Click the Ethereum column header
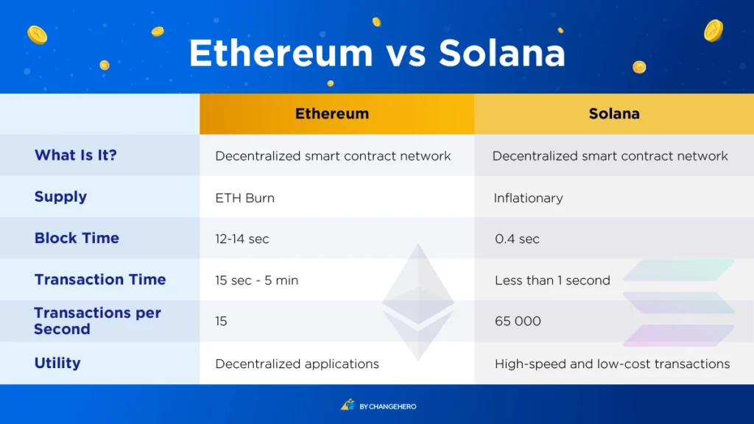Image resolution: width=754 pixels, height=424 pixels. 332,114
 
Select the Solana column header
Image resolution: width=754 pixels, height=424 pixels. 614,114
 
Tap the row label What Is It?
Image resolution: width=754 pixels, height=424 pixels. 76,155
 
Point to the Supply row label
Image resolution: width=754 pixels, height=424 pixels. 60,197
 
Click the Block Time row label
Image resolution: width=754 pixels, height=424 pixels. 77,238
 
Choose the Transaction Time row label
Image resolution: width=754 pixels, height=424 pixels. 100,280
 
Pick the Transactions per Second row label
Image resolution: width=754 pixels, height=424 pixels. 96,321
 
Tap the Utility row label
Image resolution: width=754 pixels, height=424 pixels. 57,363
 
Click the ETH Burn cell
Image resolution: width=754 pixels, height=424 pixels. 244,197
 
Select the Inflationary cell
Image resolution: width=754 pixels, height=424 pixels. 529,197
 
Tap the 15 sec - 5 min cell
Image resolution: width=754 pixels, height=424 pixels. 256,280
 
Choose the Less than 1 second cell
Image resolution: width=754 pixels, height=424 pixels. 552,280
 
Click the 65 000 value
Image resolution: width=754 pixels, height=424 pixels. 518,322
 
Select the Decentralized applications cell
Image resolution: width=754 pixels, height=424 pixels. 297,364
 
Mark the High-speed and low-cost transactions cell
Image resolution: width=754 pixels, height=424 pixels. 612,364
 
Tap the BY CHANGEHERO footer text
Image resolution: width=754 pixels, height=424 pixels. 387,406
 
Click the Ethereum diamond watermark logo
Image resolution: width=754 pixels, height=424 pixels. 417,302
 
